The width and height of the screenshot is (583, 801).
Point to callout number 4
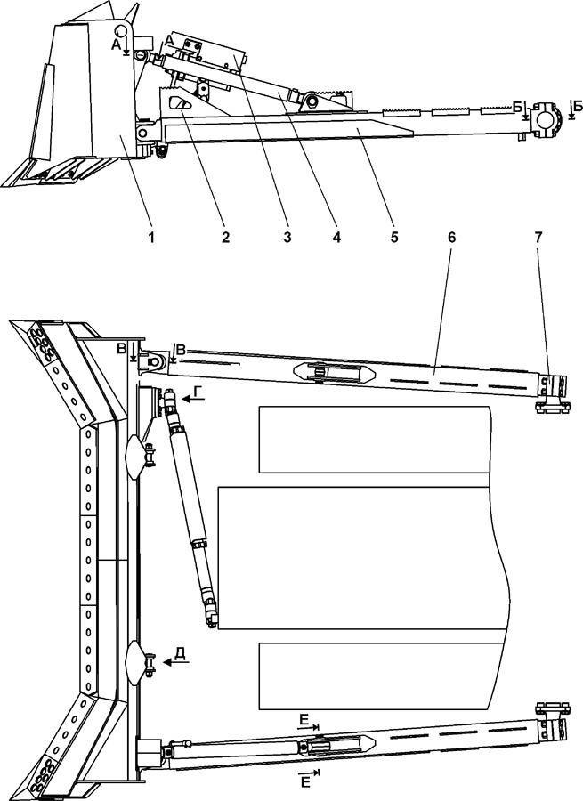click(336, 238)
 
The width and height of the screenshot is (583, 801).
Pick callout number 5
click(393, 238)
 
